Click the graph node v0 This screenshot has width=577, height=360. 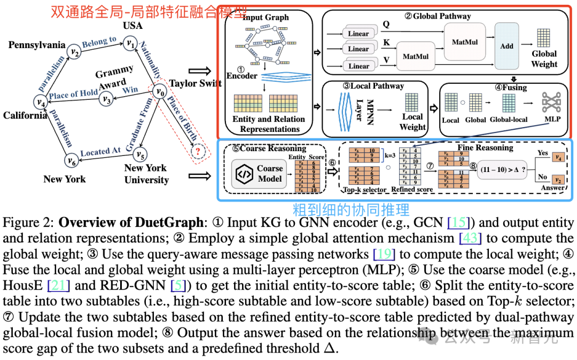159,92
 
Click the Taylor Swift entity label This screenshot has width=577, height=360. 195,83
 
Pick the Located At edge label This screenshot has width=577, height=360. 100,152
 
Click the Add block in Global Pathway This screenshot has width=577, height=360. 506,45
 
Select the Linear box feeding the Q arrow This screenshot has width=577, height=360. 358,34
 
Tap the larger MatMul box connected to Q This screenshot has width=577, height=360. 464,41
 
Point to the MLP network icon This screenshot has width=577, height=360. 552,102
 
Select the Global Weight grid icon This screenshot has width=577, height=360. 544,37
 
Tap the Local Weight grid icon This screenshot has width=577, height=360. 412,101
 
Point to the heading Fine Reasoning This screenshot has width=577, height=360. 485,147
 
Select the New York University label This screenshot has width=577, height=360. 146,174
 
